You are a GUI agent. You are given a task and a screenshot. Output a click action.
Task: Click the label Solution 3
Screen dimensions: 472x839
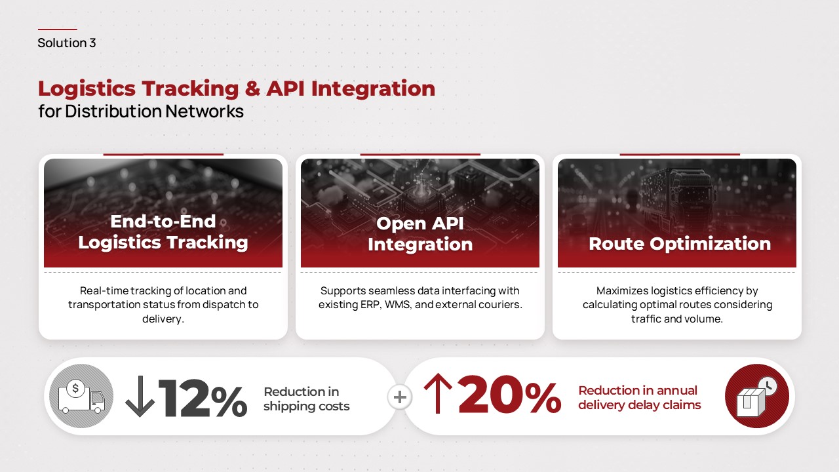click(x=67, y=43)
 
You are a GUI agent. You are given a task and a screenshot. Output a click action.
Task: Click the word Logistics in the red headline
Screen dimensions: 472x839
click(x=86, y=88)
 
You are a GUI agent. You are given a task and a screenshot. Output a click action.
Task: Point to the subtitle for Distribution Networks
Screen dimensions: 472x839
click(x=141, y=111)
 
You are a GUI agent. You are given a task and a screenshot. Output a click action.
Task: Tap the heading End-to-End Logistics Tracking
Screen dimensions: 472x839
click(x=163, y=232)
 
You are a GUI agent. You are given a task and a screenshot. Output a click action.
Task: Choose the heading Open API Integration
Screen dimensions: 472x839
click(x=420, y=233)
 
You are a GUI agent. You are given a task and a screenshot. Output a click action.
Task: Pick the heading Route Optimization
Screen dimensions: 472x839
click(x=680, y=244)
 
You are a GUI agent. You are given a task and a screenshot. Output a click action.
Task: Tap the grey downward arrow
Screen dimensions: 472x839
click(x=140, y=397)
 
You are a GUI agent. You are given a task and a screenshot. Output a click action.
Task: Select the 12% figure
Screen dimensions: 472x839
click(x=202, y=397)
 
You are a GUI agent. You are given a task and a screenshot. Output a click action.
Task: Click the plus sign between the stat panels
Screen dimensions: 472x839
click(x=399, y=397)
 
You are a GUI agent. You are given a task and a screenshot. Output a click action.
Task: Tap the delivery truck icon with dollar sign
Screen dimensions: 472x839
click(x=81, y=397)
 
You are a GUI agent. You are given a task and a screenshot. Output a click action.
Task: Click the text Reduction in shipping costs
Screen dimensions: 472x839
click(x=306, y=399)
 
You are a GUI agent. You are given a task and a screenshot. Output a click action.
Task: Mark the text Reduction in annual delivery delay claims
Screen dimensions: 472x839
click(x=639, y=398)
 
